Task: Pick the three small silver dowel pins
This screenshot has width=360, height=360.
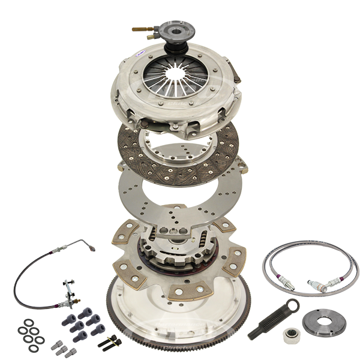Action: coord(64,348)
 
